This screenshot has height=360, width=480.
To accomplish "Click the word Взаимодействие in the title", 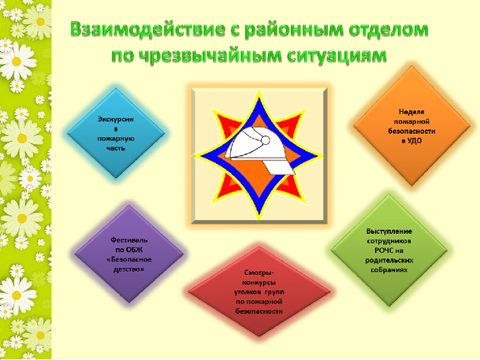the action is click(147, 30).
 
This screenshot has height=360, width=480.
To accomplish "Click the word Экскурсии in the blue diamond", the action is click(115, 119).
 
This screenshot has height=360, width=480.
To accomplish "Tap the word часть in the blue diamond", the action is click(116, 148).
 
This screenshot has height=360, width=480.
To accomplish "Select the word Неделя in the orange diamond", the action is click(411, 112).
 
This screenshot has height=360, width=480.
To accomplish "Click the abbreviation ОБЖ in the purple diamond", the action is click(134, 250).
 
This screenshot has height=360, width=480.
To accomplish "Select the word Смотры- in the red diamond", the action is click(259, 272).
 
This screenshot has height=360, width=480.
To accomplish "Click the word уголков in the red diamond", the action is click(248, 292).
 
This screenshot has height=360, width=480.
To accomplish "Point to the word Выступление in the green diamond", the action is click(389, 232).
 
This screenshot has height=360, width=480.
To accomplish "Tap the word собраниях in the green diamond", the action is click(389, 270).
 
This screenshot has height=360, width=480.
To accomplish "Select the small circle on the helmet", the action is click(266, 140).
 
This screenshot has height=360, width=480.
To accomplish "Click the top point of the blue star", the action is click(259, 97).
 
